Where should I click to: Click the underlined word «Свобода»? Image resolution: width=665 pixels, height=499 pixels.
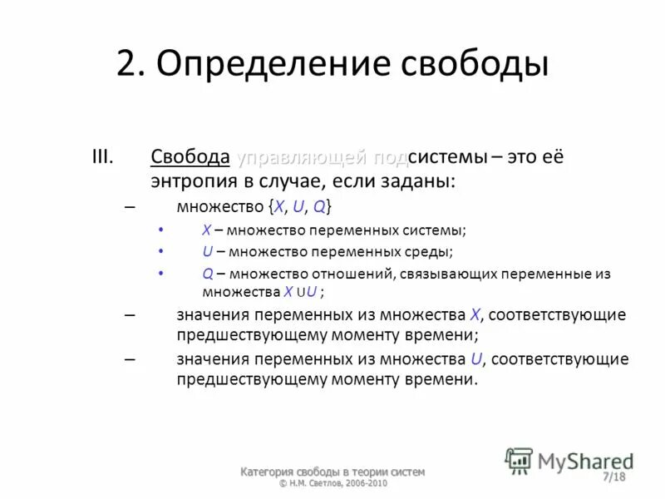pos(190,156)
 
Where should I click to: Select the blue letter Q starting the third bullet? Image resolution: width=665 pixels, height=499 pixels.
pos(207,273)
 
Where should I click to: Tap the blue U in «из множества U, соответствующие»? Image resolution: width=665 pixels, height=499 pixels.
pos(476,359)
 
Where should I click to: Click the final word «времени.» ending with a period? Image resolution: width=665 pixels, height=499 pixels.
pos(446,379)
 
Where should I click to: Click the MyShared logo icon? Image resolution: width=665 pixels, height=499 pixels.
pos(519,460)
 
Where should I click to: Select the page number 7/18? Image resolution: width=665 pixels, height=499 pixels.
pos(614,477)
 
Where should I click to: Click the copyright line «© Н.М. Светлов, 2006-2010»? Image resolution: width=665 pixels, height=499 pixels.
pos(332,483)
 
